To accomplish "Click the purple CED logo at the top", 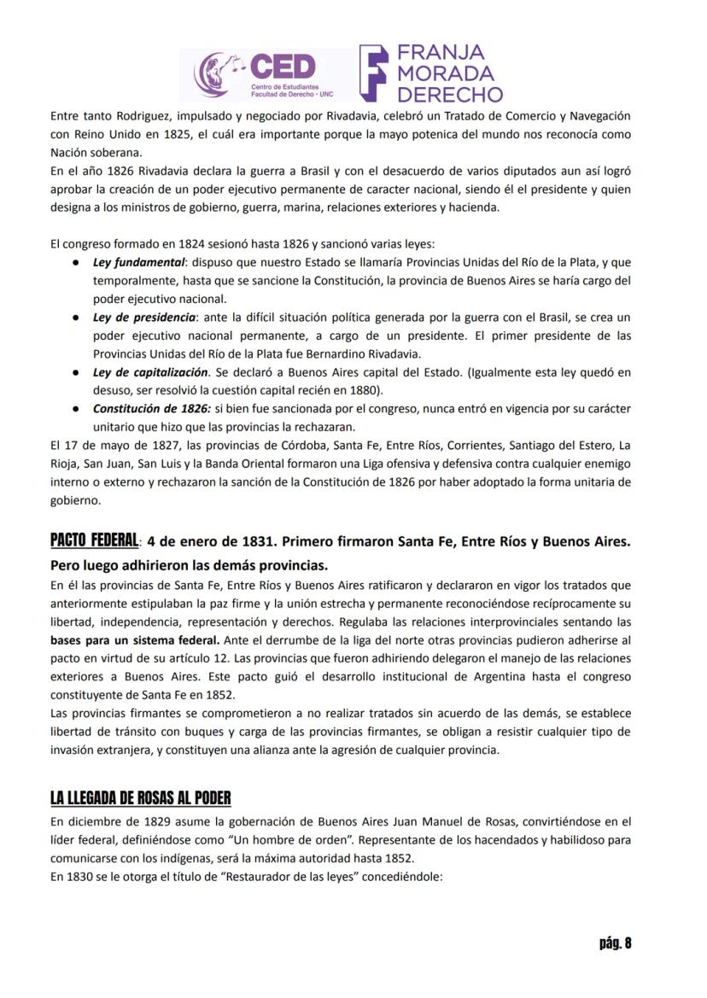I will coord(256,74).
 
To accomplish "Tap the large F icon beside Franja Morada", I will coord(375,73).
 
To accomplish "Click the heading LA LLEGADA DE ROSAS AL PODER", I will coord(140,798).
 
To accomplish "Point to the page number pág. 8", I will coord(615,943).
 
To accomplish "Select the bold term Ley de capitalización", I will coord(150,372).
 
